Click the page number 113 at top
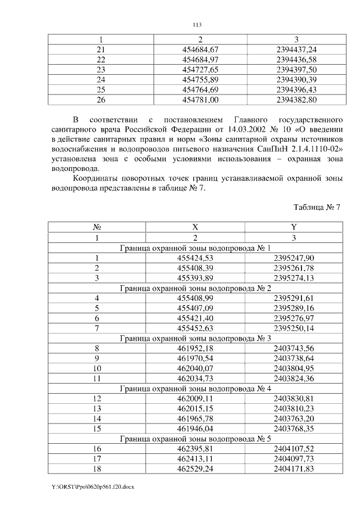[x=197, y=25]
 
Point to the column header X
[x=195, y=227]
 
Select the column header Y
[x=293, y=227]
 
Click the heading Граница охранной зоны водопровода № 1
[x=195, y=247]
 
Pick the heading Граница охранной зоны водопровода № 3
[x=195, y=338]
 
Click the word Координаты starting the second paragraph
[x=96, y=178]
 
